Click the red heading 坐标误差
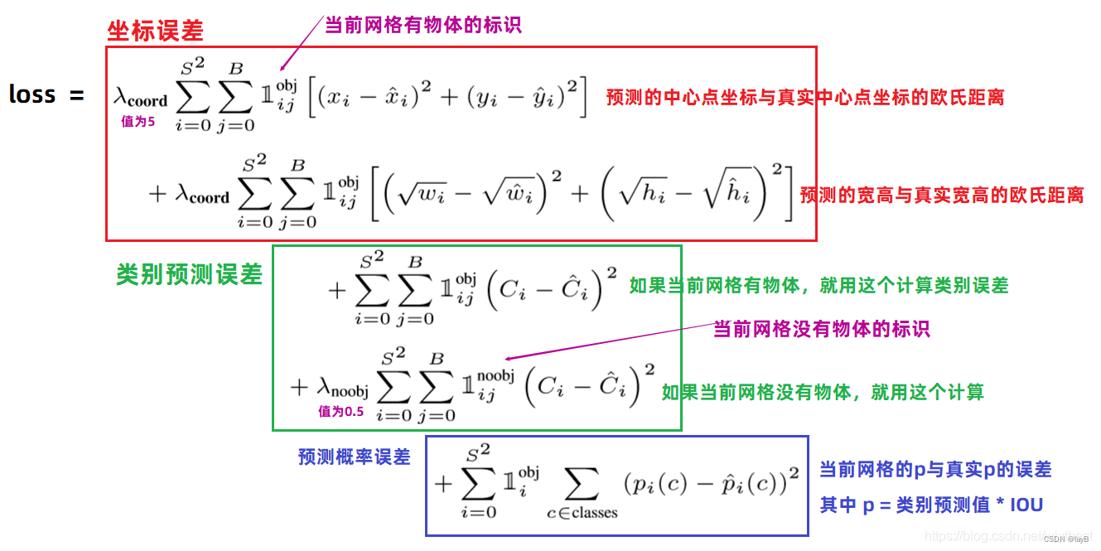[155, 31]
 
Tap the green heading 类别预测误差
[189, 275]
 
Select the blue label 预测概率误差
[354, 457]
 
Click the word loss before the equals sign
[32, 95]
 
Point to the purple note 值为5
[138, 122]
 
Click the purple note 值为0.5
[340, 411]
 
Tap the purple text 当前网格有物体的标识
[423, 25]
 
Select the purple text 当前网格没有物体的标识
[821, 329]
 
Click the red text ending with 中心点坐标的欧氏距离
[804, 98]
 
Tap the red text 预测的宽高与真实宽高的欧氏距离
[941, 196]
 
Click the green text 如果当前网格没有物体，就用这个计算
[822, 392]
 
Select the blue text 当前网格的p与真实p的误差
[935, 470]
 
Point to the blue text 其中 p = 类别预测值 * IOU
[931, 505]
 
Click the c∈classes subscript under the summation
[582, 513]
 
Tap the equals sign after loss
[77, 95]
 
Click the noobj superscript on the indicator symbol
[495, 375]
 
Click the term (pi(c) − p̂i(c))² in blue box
[710, 481]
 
